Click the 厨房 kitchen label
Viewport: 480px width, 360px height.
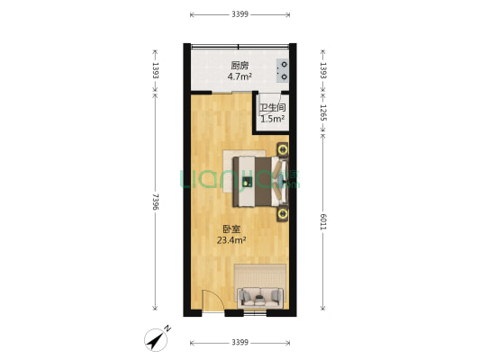[239, 65]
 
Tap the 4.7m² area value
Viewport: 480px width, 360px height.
[239, 77]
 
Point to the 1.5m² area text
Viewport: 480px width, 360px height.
[272, 118]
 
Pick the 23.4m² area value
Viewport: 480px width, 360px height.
[231, 240]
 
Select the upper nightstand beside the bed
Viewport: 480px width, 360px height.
[283, 149]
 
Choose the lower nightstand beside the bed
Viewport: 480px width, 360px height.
[283, 213]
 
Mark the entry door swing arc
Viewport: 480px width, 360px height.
[211, 304]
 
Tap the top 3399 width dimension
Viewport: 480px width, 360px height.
[240, 14]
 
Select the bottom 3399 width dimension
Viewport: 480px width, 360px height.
[240, 343]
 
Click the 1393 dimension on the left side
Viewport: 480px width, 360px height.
[156, 67]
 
